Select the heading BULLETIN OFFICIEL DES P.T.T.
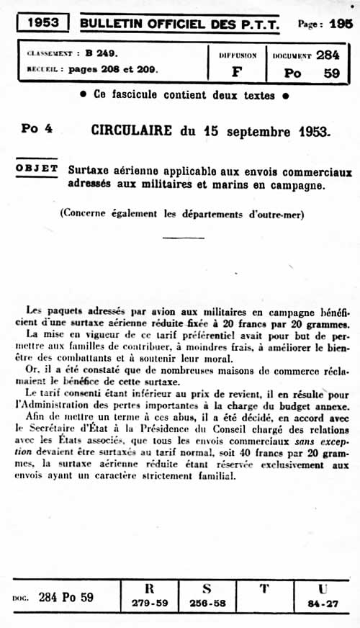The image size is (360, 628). click(x=180, y=23)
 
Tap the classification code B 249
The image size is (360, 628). click(x=101, y=53)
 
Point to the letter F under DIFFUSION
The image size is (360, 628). click(x=237, y=72)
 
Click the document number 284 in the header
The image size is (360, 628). click(x=328, y=54)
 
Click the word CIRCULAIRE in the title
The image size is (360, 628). click(x=132, y=131)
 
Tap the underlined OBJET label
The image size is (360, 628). click(x=37, y=169)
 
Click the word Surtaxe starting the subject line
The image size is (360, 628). click(x=92, y=171)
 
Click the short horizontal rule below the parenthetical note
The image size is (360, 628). click(x=184, y=238)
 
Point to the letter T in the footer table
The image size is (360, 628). click(x=265, y=589)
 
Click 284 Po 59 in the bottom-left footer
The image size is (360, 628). click(x=66, y=597)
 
